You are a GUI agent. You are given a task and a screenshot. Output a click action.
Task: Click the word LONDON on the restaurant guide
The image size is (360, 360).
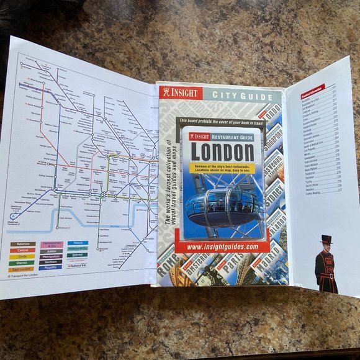click(x=222, y=151)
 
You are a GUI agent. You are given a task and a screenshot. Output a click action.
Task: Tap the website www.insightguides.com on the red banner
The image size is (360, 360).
click(x=222, y=246)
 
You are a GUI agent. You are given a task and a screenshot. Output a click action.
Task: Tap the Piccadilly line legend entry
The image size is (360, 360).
click(x=51, y=268)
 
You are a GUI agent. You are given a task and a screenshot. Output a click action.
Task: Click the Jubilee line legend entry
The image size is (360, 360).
click(x=51, y=251)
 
